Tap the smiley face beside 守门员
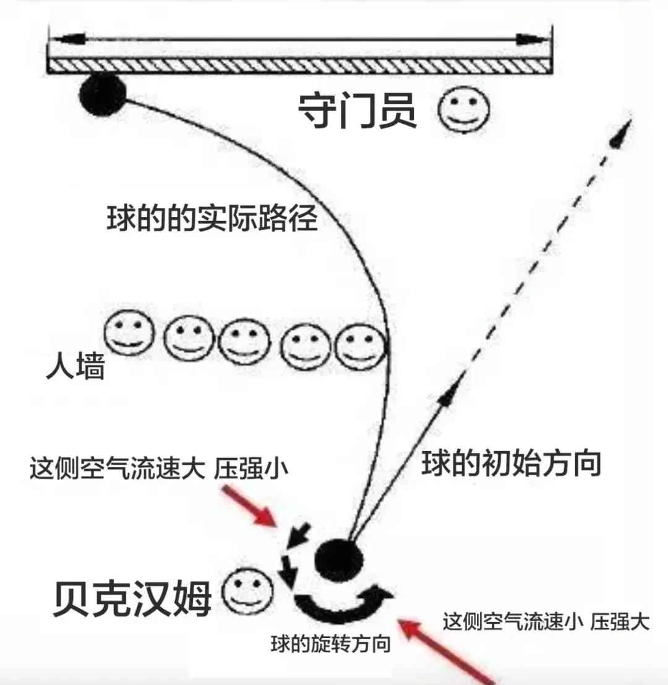[464, 110]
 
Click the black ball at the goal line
[102, 95]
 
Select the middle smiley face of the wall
[243, 344]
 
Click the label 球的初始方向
[511, 463]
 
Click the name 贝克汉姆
[132, 598]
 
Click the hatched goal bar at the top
[299, 64]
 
